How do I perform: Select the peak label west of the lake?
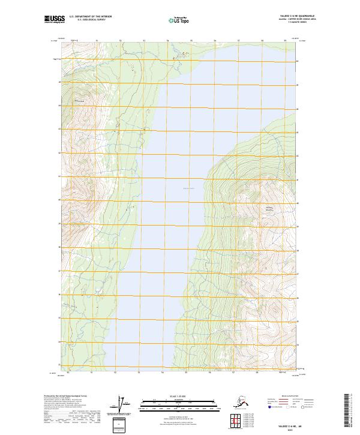pyautogui.click(x=77, y=101)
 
